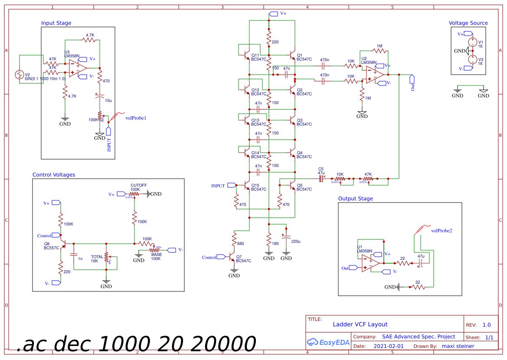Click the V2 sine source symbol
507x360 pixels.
point(19,75)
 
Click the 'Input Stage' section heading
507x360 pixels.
point(56,23)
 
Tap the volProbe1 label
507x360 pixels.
point(136,118)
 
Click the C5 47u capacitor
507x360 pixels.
point(322,178)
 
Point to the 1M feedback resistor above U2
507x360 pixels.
point(379,51)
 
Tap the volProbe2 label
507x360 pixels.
point(442,231)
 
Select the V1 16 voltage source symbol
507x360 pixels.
point(472,42)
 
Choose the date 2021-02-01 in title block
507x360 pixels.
point(388,346)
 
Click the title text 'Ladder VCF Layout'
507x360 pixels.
point(360,324)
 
